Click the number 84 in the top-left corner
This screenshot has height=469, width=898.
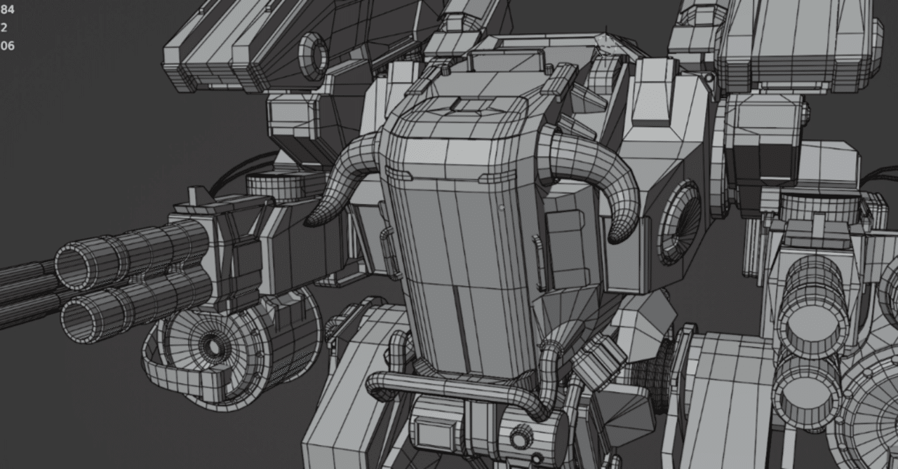pyautogui.click(x=7, y=10)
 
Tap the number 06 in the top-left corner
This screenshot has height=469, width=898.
pyautogui.click(x=7, y=46)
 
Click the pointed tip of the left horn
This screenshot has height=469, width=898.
pyautogui.click(x=309, y=223)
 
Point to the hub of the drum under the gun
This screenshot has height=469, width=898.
pyautogui.click(x=210, y=346)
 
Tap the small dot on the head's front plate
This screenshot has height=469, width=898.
pyautogui.click(x=502, y=208)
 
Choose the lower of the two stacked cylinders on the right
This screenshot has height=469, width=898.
pyautogui.click(x=807, y=379)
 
